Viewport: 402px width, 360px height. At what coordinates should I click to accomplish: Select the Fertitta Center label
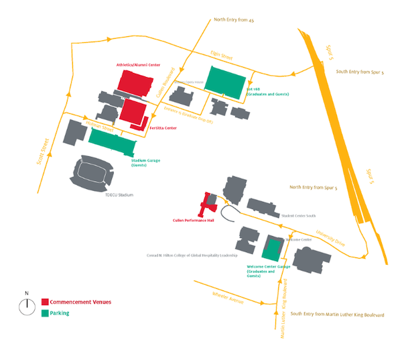pyautogui.click(x=163, y=128)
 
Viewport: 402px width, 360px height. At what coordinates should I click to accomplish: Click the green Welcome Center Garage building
pyautogui.click(x=272, y=249)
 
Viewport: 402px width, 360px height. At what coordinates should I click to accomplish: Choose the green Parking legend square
pyautogui.click(x=45, y=312)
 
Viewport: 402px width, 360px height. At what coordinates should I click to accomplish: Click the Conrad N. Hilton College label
pyautogui.click(x=190, y=255)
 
